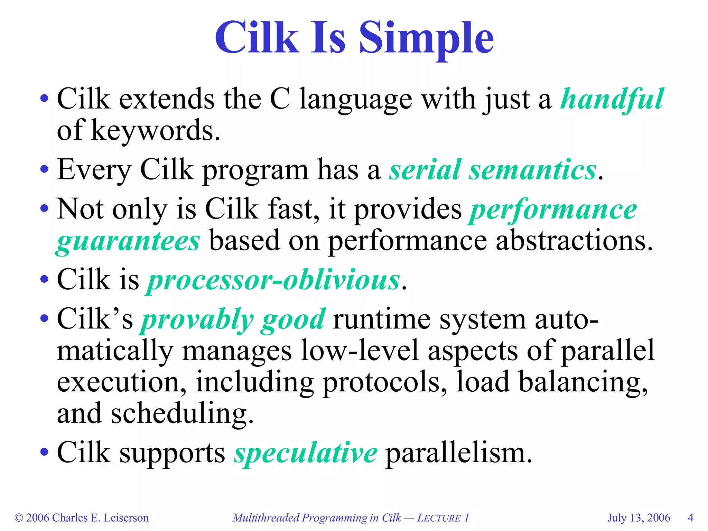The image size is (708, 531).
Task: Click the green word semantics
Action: (532, 170)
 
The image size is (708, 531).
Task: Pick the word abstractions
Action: (574, 241)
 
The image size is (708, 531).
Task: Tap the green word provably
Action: (197, 319)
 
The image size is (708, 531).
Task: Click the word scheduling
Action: (182, 413)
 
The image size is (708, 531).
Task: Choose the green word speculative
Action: (306, 453)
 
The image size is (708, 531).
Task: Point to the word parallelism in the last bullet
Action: (458, 453)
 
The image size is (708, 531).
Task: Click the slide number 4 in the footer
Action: (690, 518)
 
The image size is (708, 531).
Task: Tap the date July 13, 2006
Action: (639, 518)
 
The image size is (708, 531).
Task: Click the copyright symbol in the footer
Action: (19, 518)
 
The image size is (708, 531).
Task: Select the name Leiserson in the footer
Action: (126, 518)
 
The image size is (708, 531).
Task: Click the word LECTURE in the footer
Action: (439, 518)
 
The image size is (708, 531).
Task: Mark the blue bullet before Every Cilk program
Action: (44, 170)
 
